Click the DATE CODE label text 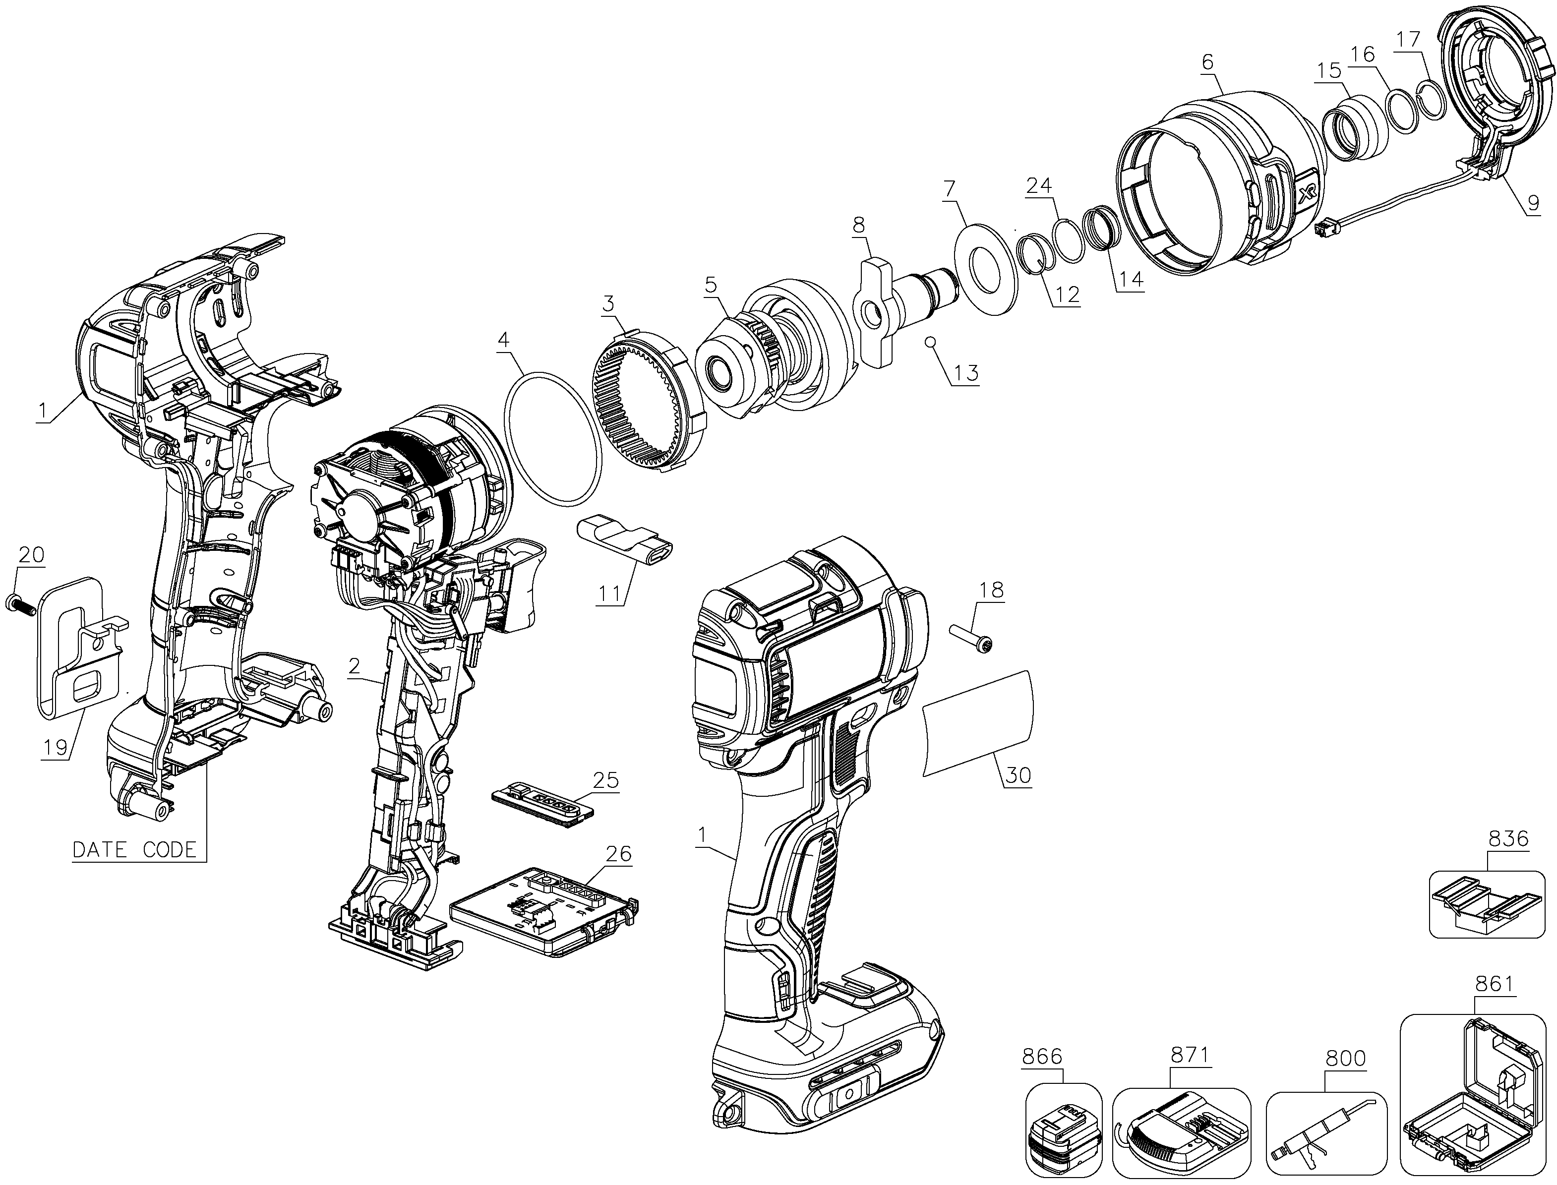[135, 849]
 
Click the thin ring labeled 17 [1432, 95]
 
